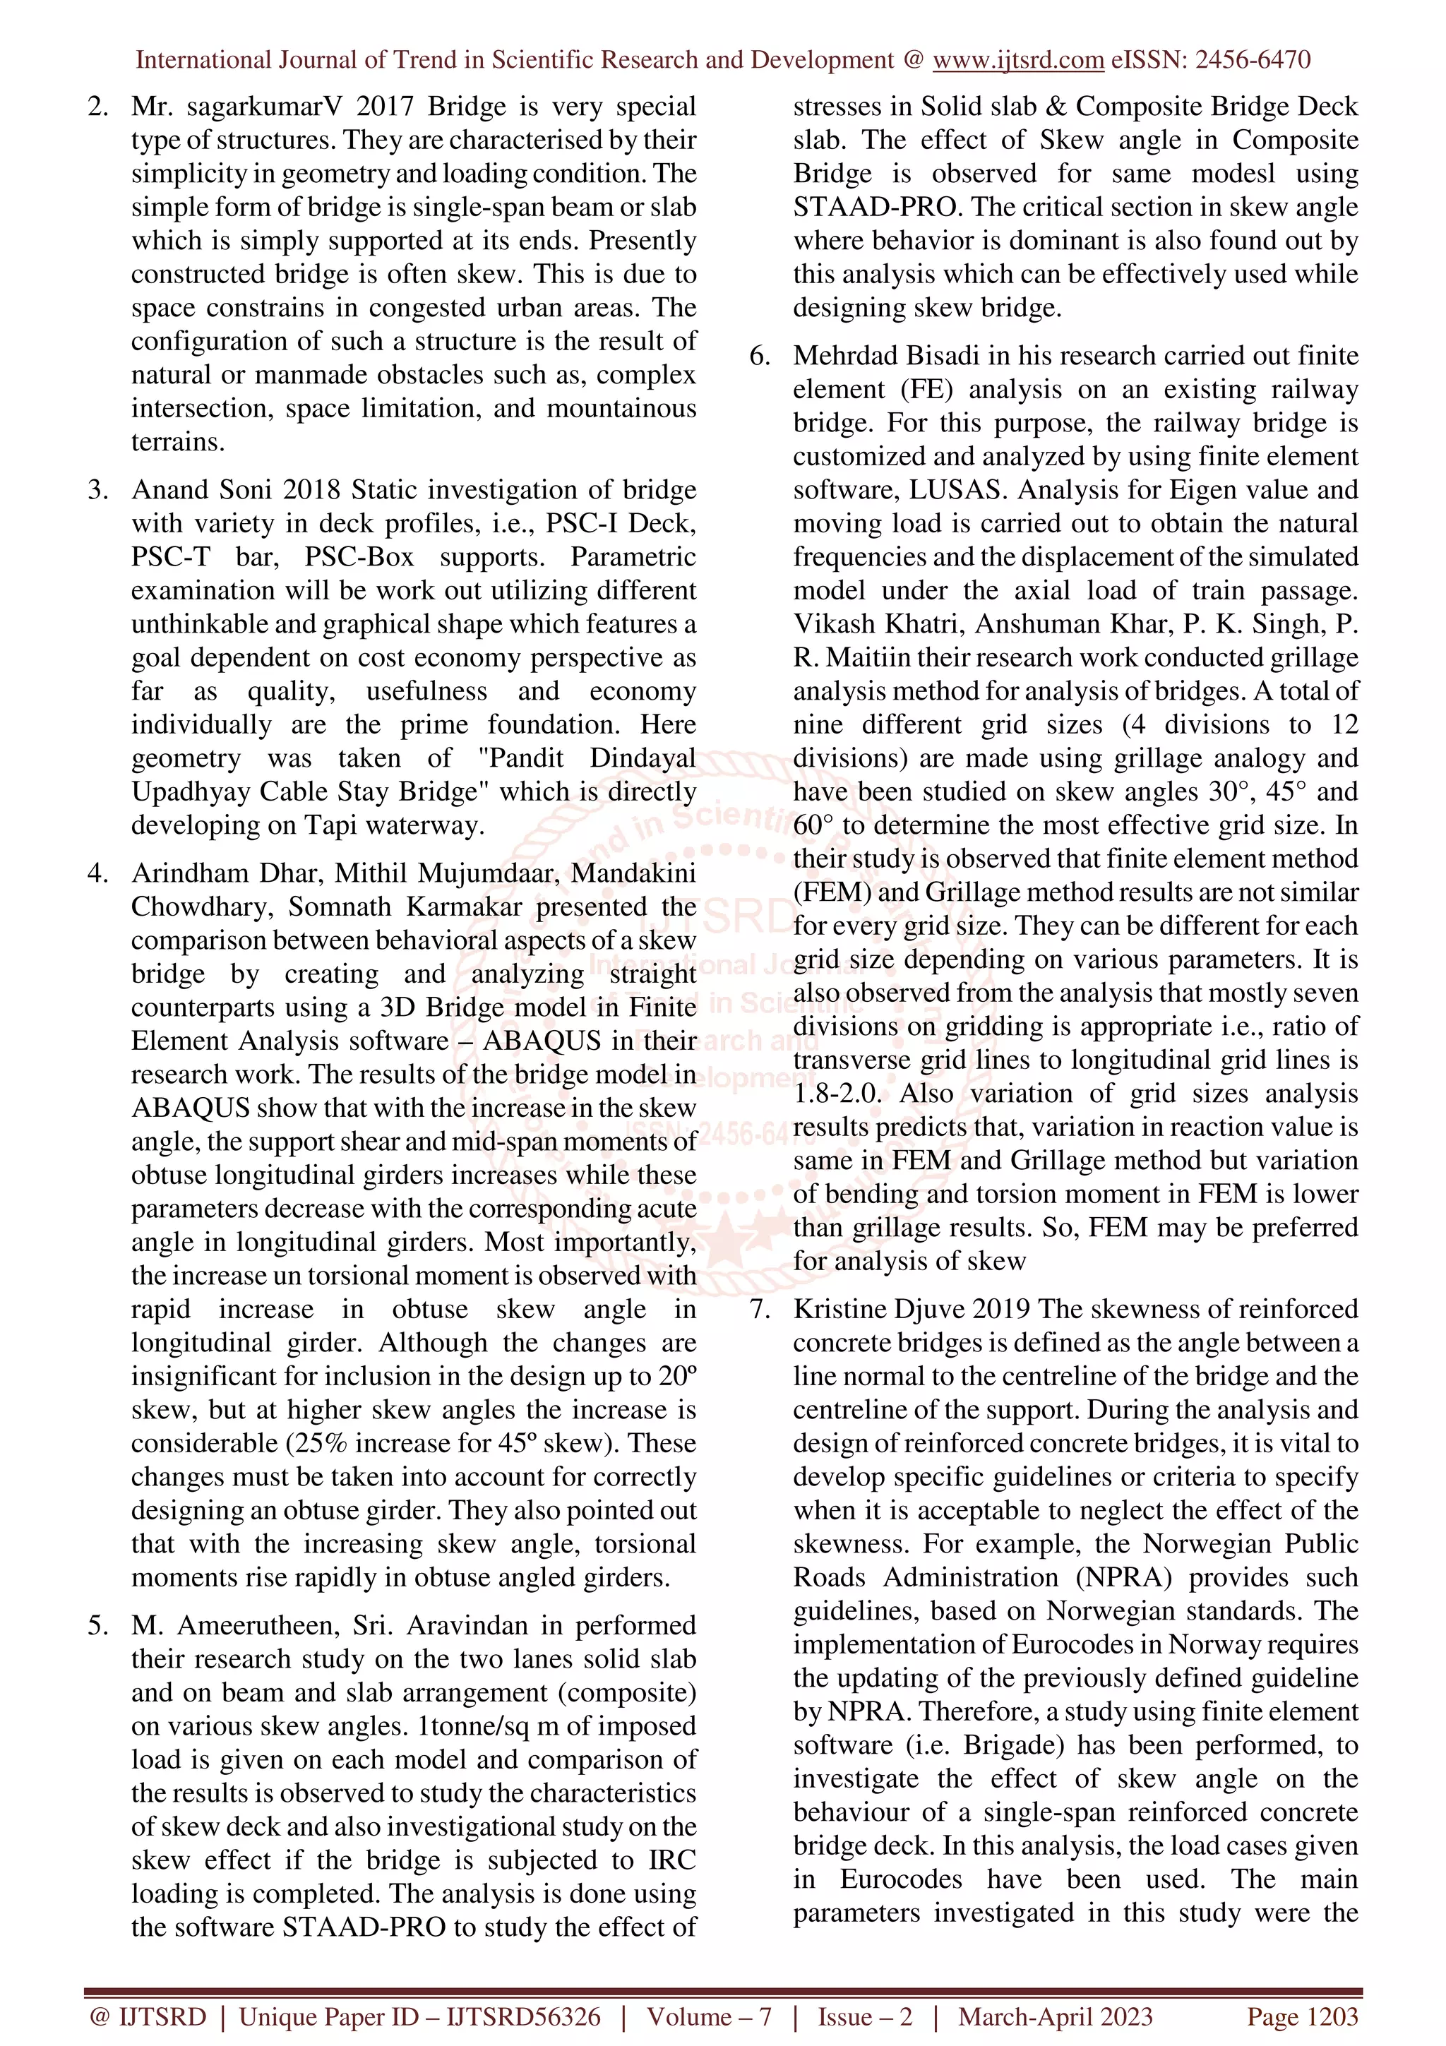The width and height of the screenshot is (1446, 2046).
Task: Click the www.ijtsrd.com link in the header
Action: point(1017,60)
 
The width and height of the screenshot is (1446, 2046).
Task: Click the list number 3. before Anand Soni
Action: point(98,490)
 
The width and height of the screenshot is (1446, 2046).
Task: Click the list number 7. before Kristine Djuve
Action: point(759,1309)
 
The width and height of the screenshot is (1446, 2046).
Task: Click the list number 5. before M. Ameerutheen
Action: point(98,1625)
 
